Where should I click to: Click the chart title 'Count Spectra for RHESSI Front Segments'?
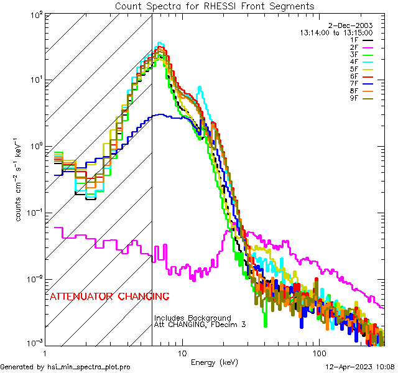coord(215,6)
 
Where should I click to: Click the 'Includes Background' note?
coord(193,318)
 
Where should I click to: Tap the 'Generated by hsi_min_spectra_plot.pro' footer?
coord(66,367)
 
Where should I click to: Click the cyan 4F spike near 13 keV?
coord(199,88)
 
